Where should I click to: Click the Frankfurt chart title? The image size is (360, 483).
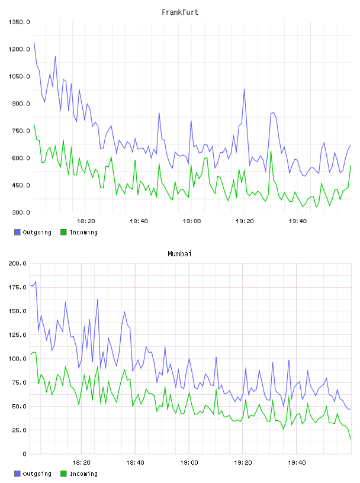(x=180, y=12)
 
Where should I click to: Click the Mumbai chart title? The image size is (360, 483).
(x=179, y=253)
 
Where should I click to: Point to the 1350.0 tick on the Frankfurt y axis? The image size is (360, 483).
(x=19, y=22)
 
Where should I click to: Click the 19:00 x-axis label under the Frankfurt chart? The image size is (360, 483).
(x=192, y=221)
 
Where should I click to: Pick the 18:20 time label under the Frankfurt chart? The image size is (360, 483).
(x=86, y=221)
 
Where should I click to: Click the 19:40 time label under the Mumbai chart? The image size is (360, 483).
(x=297, y=463)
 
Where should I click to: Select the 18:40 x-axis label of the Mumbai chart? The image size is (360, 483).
(x=136, y=463)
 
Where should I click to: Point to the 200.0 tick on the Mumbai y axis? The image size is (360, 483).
(x=17, y=263)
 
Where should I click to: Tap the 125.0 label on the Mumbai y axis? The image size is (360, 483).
(x=17, y=335)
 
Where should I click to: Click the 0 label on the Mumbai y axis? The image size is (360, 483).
(x=24, y=454)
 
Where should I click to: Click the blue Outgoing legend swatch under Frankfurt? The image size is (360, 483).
(x=17, y=232)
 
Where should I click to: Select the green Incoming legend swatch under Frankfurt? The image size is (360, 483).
(x=63, y=232)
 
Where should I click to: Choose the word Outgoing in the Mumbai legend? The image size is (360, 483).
(x=37, y=474)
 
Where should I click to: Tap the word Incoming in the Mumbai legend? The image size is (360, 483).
(x=83, y=474)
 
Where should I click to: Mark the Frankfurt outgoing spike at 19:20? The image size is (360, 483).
(x=245, y=89)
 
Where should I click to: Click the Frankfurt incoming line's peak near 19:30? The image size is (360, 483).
(x=271, y=151)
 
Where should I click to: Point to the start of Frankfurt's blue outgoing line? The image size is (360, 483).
(x=34, y=42)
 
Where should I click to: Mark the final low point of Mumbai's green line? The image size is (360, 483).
(x=351, y=439)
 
